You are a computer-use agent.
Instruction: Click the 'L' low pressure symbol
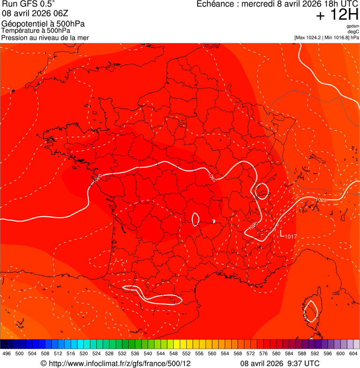click(x=282, y=233)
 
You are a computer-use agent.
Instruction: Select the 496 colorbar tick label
click(x=7, y=353)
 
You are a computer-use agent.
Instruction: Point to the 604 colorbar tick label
click(x=353, y=353)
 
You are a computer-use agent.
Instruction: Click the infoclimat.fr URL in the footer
click(x=116, y=363)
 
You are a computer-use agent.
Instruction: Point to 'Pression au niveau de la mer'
click(x=45, y=37)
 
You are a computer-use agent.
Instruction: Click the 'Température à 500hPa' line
click(x=39, y=31)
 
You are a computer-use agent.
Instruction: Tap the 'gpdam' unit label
click(x=353, y=26)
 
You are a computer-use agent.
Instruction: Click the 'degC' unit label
click(x=353, y=32)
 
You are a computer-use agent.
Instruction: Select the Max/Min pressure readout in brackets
click(x=327, y=37)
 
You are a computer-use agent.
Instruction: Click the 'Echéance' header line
click(x=278, y=4)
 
